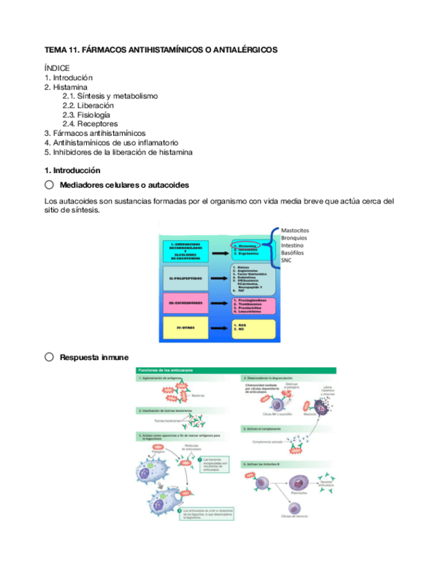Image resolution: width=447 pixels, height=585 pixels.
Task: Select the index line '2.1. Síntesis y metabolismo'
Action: (x=110, y=97)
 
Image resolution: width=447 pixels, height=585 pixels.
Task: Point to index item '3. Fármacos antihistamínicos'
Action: (x=95, y=133)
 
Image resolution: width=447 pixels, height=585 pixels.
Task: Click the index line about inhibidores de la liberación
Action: (x=118, y=152)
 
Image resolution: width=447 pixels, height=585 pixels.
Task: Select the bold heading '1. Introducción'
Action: (x=72, y=170)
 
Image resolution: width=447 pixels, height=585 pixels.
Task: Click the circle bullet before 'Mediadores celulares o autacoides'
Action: (x=49, y=185)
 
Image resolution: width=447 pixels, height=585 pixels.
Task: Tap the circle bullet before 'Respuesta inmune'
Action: (x=49, y=357)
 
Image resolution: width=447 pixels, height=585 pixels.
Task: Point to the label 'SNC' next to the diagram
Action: (x=287, y=261)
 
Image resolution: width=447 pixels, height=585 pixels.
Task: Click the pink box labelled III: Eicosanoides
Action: (x=184, y=304)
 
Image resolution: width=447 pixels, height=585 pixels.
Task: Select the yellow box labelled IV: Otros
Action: (x=184, y=328)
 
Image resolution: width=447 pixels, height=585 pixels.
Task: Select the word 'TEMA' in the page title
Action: (x=54, y=50)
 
